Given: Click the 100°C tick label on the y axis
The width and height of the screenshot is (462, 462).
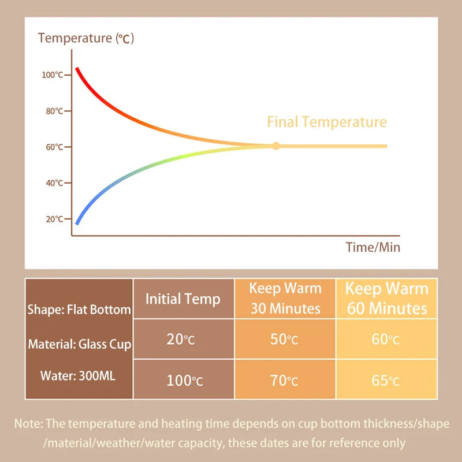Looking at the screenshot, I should [x=53, y=75].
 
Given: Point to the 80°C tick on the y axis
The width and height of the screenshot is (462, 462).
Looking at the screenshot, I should [x=54, y=111].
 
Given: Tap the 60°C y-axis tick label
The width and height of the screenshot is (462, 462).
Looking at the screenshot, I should [x=54, y=147].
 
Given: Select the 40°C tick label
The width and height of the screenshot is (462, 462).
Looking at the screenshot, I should [x=54, y=183].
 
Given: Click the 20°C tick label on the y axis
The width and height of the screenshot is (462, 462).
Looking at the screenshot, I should [x=54, y=219].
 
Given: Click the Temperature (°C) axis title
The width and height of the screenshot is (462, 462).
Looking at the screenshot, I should [x=86, y=39].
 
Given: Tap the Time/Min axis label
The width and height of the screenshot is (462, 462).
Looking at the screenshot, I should [x=372, y=247].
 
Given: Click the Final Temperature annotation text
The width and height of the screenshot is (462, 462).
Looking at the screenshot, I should [x=326, y=122].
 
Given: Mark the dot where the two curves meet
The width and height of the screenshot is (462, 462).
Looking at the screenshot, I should [x=276, y=146].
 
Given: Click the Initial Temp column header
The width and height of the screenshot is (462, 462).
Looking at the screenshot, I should [x=183, y=299].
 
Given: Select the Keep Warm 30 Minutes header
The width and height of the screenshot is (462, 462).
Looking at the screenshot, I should [x=285, y=298].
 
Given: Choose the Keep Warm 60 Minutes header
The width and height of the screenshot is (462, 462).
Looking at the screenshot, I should [x=386, y=298].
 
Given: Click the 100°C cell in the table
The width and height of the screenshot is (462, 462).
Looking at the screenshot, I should [x=184, y=381].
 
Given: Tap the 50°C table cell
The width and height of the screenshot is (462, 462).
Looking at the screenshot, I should [x=284, y=339].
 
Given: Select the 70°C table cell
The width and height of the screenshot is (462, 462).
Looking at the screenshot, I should [x=284, y=381].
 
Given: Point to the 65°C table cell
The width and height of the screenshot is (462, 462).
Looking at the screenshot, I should [x=386, y=381].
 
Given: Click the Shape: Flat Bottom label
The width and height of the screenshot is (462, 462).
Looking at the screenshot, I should [x=79, y=310].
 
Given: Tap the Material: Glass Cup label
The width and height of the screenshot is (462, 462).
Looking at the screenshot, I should [x=80, y=345].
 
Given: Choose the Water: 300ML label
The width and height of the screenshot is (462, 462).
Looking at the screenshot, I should [x=77, y=376].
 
